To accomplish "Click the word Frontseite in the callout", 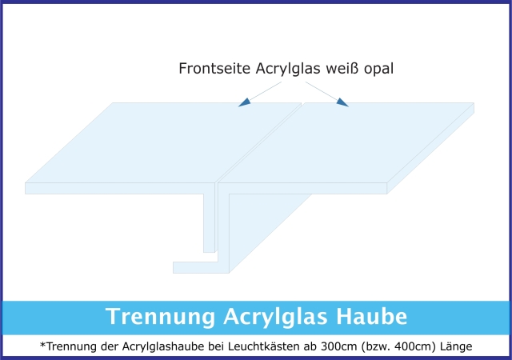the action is pyautogui.click(x=214, y=69).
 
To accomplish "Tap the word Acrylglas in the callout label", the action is pyautogui.click(x=288, y=70).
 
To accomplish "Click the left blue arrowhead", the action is pyautogui.click(x=245, y=102).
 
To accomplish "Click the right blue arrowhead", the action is pyautogui.click(x=342, y=102).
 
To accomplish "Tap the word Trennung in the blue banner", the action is pyautogui.click(x=160, y=317).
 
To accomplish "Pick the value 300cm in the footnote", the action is pyautogui.click(x=339, y=346).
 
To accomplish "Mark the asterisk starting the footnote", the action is pyautogui.click(x=42, y=344).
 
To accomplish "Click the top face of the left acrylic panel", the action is pyautogui.click(x=163, y=142).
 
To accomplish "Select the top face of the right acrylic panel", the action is pyautogui.click(x=346, y=142).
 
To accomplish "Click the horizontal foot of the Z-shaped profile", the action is pyautogui.click(x=195, y=267).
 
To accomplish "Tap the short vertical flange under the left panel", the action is pyautogui.click(x=209, y=223).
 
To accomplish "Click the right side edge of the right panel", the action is pyautogui.click(x=430, y=148).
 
